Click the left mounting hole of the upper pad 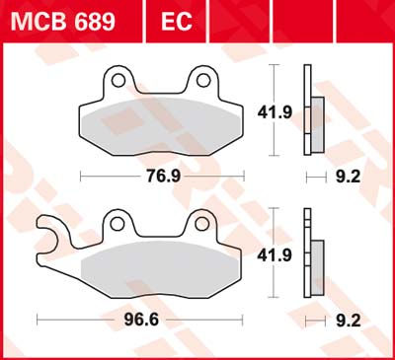pos(118,78)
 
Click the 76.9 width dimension pos(158,179)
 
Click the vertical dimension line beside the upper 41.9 pos(272,111)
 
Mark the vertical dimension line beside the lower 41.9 pos(272,254)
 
